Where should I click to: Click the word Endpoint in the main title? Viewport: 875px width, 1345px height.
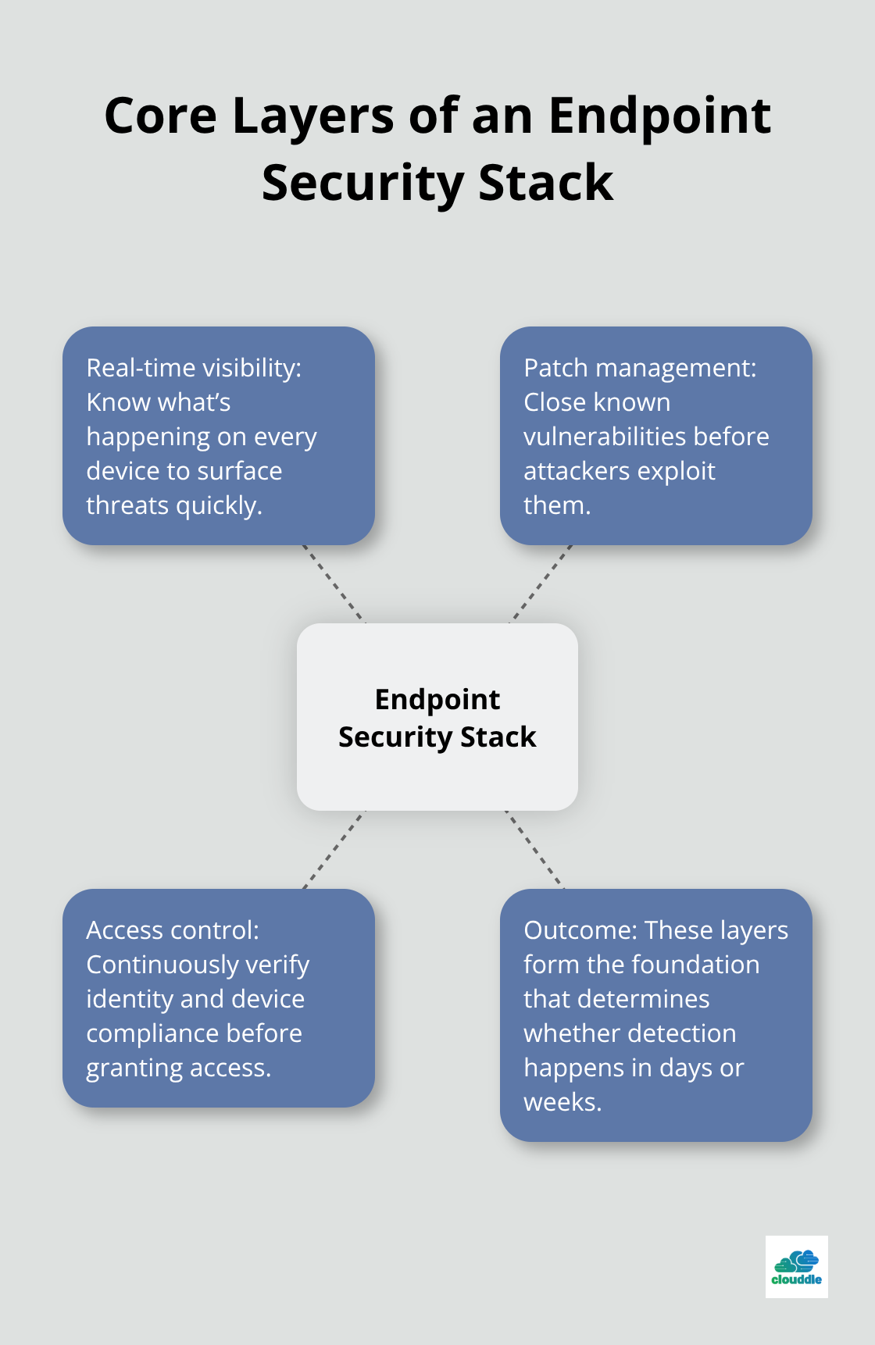(x=659, y=116)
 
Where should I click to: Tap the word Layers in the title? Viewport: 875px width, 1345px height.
(x=312, y=116)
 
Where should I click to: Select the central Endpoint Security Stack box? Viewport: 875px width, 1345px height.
(x=437, y=716)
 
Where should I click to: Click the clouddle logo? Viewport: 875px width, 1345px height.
(x=796, y=1266)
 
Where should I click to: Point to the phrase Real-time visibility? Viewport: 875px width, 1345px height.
(x=193, y=368)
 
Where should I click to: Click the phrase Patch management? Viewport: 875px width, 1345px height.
(x=639, y=368)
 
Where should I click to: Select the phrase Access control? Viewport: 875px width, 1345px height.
(x=172, y=930)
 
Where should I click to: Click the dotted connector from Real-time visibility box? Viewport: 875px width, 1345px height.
(x=334, y=584)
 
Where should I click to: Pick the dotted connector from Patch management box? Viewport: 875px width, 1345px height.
(x=541, y=584)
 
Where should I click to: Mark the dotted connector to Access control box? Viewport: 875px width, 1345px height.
(x=334, y=850)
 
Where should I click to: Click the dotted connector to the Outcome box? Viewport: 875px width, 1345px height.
(x=535, y=850)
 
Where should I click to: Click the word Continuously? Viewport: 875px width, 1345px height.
(x=162, y=965)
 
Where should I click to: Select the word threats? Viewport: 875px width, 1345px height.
(x=127, y=505)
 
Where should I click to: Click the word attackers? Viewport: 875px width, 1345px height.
(x=576, y=471)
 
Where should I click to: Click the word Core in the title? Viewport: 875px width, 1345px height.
(x=160, y=116)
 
